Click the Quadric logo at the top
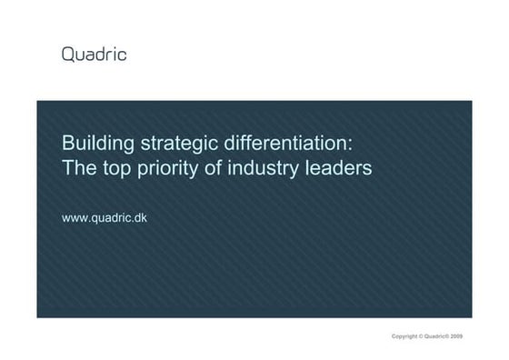(x=94, y=55)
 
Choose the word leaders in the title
(x=339, y=169)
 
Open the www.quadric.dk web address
(x=104, y=219)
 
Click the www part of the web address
(x=75, y=219)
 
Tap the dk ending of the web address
(x=140, y=219)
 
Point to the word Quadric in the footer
(x=435, y=336)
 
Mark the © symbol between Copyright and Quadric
(x=421, y=336)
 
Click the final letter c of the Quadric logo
(x=122, y=55)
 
